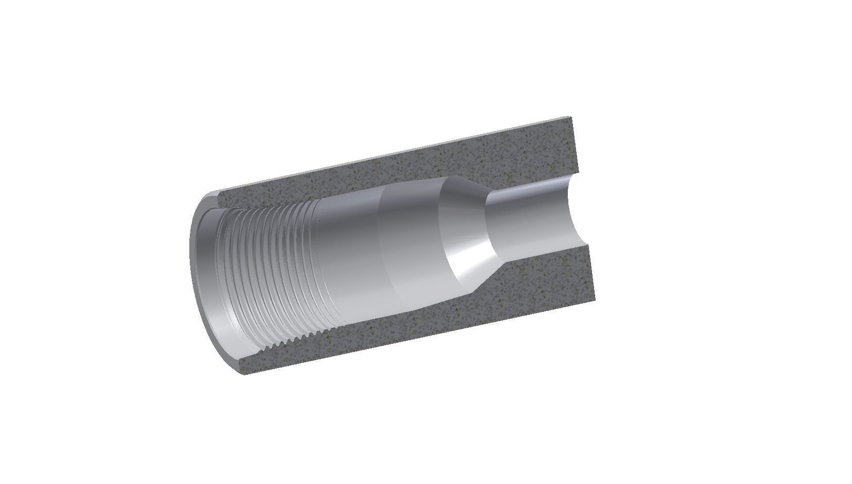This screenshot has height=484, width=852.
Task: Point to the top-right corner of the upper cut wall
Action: tap(570, 119)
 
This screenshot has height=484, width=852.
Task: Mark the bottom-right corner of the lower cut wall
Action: tap(596, 301)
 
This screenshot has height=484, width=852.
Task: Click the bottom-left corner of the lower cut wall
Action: tap(244, 372)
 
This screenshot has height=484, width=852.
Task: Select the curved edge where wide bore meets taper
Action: tap(441, 232)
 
